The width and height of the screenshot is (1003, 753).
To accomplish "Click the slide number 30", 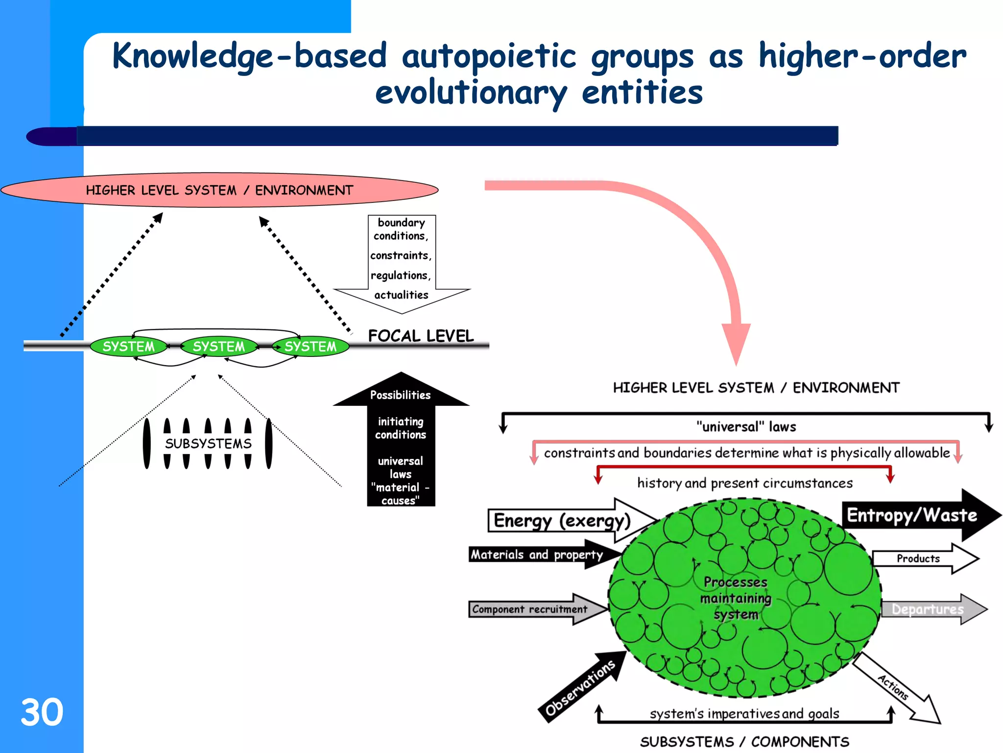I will [x=42, y=712].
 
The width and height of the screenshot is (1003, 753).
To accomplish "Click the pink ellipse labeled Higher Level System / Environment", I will [x=219, y=190].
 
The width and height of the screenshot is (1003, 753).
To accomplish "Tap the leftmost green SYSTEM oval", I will [x=128, y=346].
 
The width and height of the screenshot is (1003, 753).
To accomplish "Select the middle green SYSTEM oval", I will [x=218, y=346].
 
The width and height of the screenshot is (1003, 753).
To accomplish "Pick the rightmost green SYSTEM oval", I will [x=310, y=346].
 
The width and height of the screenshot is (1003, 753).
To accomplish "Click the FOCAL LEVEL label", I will [x=421, y=336].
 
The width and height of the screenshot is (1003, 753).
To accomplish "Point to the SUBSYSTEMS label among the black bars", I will [x=208, y=443].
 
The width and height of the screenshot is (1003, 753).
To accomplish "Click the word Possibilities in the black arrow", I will [x=400, y=395].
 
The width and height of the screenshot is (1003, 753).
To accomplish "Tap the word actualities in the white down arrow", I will [x=401, y=295].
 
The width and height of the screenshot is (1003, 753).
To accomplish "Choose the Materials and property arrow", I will [x=537, y=554].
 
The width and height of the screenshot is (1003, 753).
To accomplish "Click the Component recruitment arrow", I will [x=530, y=609].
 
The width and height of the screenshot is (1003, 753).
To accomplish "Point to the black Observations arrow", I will [x=580, y=687].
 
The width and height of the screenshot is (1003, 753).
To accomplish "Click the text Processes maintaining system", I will [x=736, y=598].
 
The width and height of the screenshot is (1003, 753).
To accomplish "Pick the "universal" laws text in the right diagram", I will [x=746, y=427].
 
